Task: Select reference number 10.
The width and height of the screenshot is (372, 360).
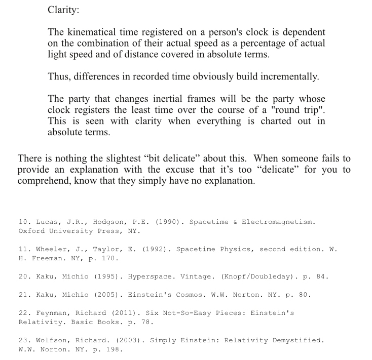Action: (x=24, y=222)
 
